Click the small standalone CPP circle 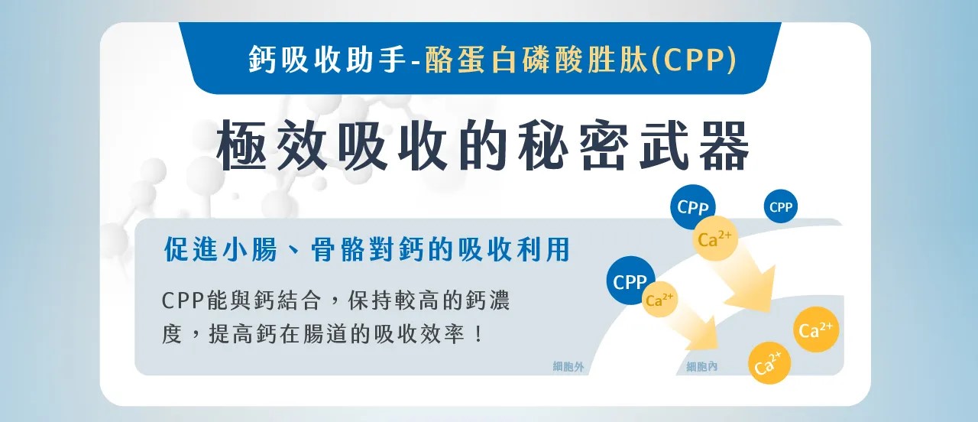point(781,206)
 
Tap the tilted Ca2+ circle point(769,363)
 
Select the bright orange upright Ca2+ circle point(816,329)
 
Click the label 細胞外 point(568,366)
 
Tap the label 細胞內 point(701,366)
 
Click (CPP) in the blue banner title point(694,60)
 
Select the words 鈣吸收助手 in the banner point(328,60)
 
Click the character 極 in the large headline point(241,144)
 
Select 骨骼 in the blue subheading point(338,249)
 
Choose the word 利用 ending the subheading point(543,249)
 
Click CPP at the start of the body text point(183,300)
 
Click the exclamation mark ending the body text point(479,334)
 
